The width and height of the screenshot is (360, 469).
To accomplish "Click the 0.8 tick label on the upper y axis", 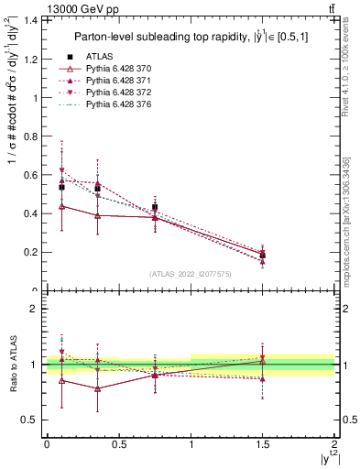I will (x=27, y=136).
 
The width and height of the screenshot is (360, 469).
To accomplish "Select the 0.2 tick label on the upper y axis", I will (x=27, y=252).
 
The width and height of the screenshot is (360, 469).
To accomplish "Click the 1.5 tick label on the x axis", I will (x=263, y=445).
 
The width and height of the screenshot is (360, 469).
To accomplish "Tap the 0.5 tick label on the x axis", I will (x=118, y=445).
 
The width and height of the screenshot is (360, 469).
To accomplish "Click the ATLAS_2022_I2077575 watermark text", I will (x=191, y=274).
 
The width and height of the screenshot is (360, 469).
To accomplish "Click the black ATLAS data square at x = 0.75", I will (x=156, y=207).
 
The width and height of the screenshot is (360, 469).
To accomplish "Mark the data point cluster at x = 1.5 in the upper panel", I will (x=263, y=255).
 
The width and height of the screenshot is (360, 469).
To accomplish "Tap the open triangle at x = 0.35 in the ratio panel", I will (x=97, y=388).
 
